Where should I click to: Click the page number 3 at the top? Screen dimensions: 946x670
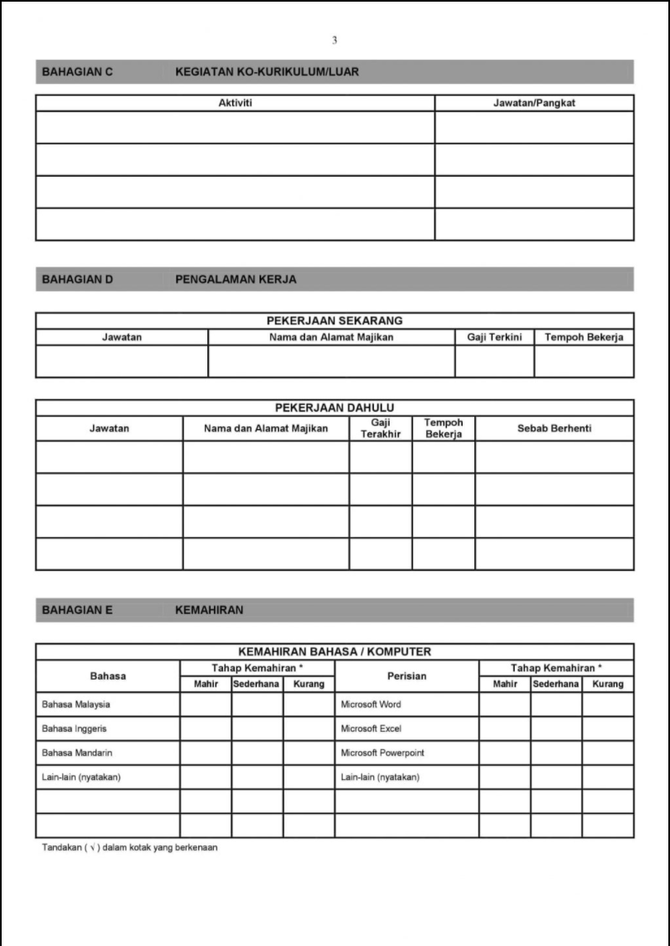(334, 40)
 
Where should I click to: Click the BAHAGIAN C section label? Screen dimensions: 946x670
(77, 72)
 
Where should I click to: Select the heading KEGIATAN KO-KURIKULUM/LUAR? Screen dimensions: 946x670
(267, 72)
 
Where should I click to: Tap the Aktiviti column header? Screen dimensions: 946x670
(235, 103)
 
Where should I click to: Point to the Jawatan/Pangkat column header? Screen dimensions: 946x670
(534, 103)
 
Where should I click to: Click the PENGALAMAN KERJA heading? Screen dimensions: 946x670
(235, 280)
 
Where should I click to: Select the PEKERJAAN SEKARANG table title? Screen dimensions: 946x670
(334, 320)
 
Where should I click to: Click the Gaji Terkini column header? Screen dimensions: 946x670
(494, 337)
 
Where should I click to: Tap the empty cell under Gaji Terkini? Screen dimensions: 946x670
(494, 361)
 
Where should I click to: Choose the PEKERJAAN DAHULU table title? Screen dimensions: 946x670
(334, 407)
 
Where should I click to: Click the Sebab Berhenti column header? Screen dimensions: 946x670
(554, 428)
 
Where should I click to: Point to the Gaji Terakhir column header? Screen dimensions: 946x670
(380, 428)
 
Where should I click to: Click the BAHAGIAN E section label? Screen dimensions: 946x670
(77, 611)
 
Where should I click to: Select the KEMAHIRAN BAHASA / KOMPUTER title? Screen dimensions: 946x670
(334, 651)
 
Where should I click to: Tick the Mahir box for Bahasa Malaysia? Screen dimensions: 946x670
(206, 705)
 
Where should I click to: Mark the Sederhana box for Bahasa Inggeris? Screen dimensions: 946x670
(257, 729)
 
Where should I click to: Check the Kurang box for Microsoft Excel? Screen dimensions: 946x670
(608, 729)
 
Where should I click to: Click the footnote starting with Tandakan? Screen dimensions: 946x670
(129, 847)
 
